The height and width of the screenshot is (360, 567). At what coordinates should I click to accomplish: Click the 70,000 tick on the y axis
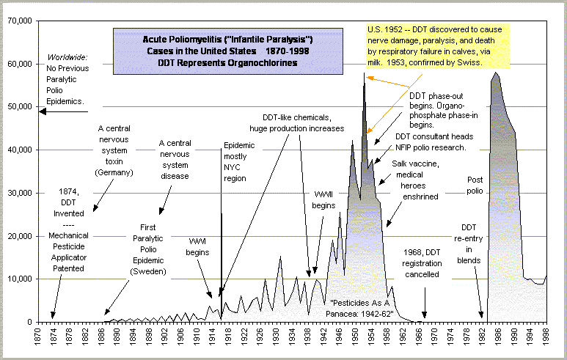[18, 21]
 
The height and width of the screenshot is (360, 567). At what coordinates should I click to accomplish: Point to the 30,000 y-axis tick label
[18, 193]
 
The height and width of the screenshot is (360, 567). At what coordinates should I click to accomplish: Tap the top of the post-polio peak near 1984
[497, 72]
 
